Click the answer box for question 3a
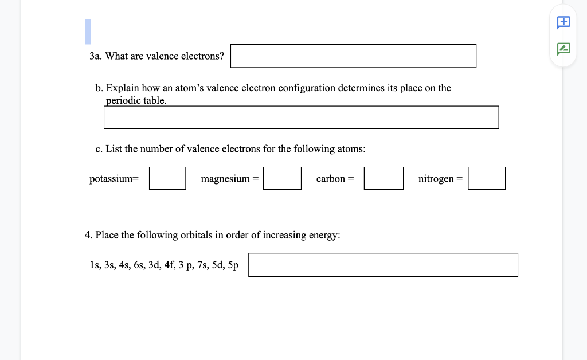point(353,56)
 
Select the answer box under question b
point(301,118)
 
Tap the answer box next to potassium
point(167,178)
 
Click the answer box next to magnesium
point(282,178)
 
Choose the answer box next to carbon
point(383,178)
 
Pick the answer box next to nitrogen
point(487,178)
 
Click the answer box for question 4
point(383,265)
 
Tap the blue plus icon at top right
point(564,22)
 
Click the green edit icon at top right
point(564,49)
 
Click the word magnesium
point(225,179)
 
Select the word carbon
point(331,179)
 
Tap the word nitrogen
point(436,179)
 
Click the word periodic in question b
point(123,100)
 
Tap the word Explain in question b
point(123,88)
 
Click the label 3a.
point(95,56)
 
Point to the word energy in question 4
point(324,236)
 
